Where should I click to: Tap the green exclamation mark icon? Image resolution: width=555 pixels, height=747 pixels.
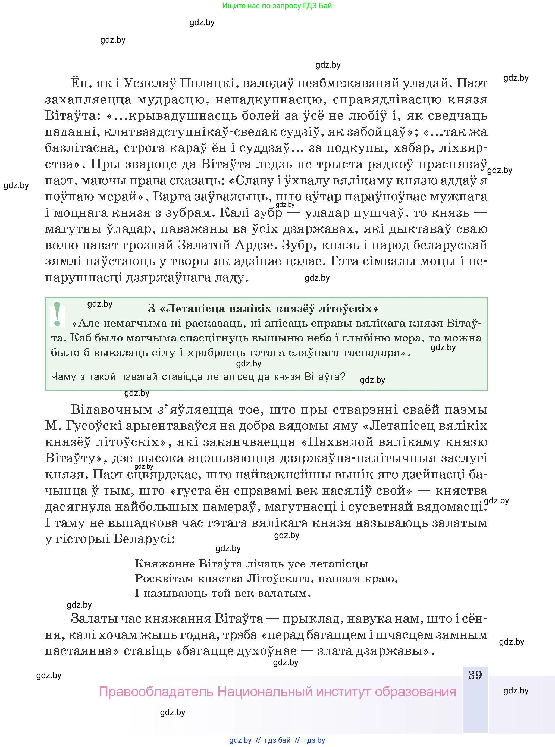(57, 314)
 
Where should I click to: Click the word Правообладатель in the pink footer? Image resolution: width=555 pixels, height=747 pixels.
(156, 692)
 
